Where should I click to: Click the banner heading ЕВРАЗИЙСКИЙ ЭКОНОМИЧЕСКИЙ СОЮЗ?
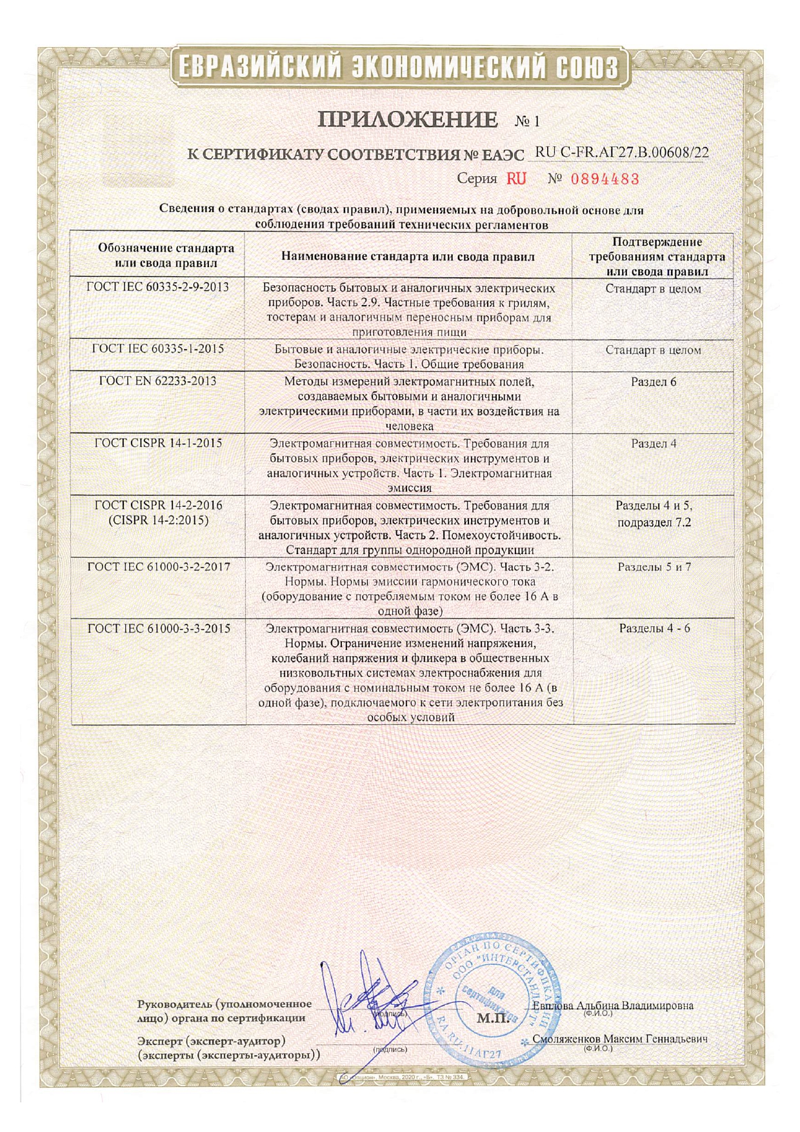(399, 67)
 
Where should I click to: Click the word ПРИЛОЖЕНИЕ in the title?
(408, 120)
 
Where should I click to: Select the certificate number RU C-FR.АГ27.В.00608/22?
(622, 153)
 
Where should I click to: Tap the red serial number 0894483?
(605, 179)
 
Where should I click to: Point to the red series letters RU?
(516, 179)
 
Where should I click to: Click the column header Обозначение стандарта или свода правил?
(166, 255)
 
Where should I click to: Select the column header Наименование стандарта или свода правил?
(408, 256)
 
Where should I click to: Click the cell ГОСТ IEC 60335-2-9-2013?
(157, 287)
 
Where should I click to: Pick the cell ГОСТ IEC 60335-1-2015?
(157, 348)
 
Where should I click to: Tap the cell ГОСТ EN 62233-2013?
(157, 381)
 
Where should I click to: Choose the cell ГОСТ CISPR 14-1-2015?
(158, 443)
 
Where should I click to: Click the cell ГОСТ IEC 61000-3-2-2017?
(159, 566)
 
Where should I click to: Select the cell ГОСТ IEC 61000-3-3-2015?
(159, 628)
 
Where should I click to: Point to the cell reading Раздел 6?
(653, 381)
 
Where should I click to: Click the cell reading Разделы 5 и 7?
(654, 567)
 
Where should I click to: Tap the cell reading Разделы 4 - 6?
(654, 628)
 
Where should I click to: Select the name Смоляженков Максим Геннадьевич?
(619, 1039)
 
